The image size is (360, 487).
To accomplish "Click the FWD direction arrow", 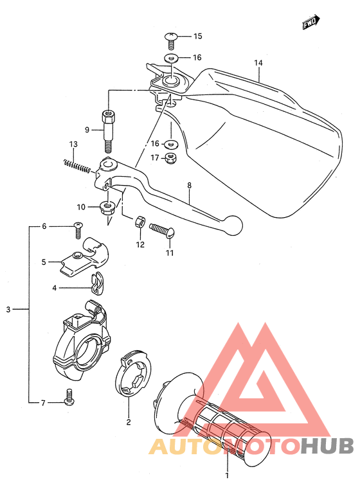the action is [311, 22].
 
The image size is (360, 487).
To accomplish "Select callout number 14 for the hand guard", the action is [258, 63].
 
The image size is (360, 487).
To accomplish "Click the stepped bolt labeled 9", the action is [107, 131].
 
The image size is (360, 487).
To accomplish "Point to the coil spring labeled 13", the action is [77, 166].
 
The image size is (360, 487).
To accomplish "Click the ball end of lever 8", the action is [233, 225].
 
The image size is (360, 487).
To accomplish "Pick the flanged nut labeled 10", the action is [107, 208].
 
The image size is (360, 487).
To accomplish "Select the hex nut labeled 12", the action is [139, 222].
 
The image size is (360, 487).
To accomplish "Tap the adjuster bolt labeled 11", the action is [162, 231].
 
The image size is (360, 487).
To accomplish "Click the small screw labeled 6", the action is [78, 229].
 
